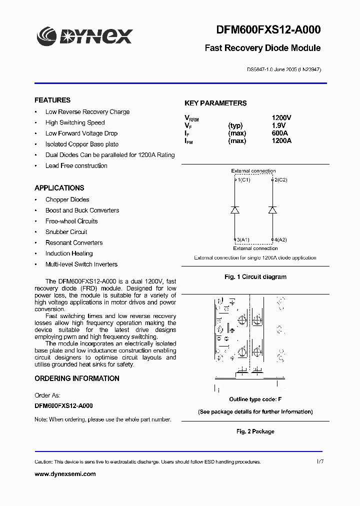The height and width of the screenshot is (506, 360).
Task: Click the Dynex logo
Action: point(84,36)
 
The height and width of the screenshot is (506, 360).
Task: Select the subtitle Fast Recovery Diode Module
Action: point(262,48)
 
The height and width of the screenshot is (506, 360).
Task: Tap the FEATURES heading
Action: point(52,100)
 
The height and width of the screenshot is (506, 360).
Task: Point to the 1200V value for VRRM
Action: point(281,118)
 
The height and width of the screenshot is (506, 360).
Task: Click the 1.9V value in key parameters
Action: point(278,125)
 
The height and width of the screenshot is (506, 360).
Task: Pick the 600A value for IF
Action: point(280,133)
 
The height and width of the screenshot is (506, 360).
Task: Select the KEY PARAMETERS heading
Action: point(215,103)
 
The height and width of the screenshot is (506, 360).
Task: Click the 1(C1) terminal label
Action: point(243,179)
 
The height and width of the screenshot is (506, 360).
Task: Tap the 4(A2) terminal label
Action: point(280,240)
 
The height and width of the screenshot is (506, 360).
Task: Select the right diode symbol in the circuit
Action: point(272,210)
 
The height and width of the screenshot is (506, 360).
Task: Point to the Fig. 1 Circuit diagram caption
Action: point(255,276)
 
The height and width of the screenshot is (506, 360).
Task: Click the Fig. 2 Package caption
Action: point(255,431)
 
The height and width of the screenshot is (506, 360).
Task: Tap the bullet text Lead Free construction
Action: point(76,165)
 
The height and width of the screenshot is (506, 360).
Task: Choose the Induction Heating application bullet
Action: point(68,253)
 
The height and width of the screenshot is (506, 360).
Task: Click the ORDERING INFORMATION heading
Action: point(77,378)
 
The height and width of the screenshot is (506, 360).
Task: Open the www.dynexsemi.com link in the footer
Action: point(65,474)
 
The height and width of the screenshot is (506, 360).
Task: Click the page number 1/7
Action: point(320,461)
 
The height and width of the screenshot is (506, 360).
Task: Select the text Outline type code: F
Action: point(255,399)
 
